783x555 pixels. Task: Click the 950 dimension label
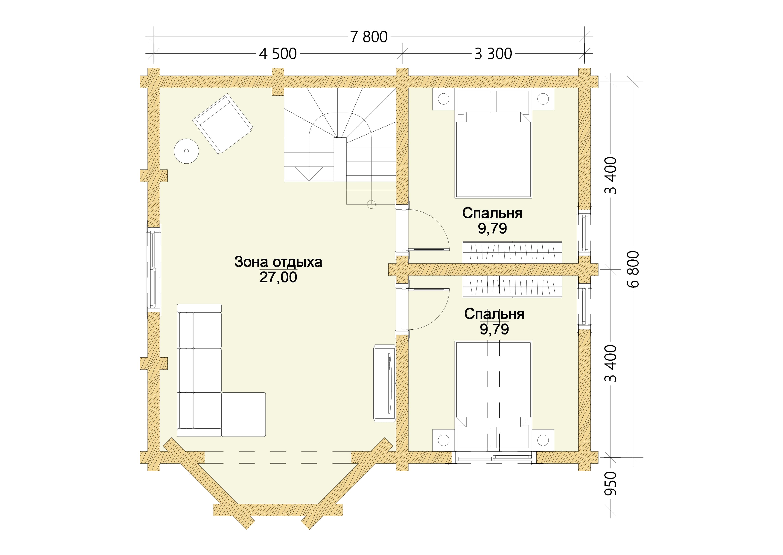point(610,484)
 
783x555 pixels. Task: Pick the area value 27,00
point(278,277)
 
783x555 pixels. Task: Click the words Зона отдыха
point(278,262)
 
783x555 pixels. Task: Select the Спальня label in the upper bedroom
point(492,213)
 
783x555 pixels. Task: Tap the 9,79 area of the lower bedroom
point(494,329)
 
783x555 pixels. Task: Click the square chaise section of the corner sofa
point(244,414)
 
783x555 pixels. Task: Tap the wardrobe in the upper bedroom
point(512,253)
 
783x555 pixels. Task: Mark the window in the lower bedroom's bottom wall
point(494,457)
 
